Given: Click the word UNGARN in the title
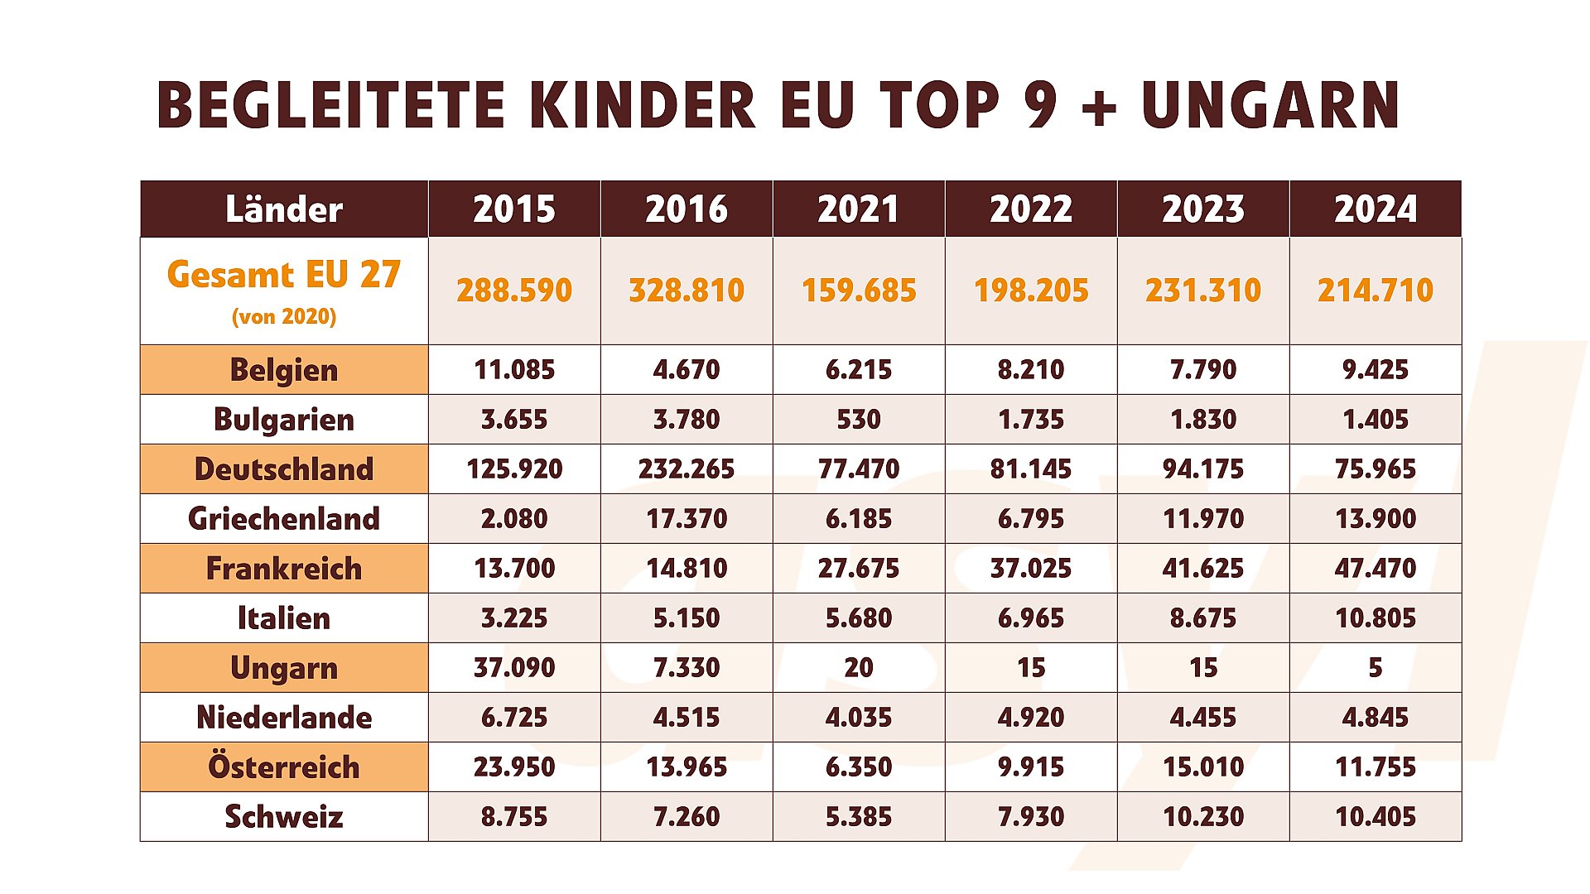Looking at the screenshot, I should tap(1270, 106).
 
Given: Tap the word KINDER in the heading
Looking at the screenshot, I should tap(643, 106).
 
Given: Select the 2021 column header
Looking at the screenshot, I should tap(858, 209).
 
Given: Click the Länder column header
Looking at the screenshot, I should tap(284, 209).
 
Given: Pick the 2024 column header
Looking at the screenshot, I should tap(1375, 209).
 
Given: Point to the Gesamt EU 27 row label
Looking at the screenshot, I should tap(284, 275).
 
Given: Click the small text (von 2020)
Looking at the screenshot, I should tap(284, 317).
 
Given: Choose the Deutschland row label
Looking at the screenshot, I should tap(284, 469).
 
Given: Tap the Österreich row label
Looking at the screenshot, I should tap(284, 767).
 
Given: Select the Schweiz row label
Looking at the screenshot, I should tap(284, 817).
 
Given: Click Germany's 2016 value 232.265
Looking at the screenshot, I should tap(686, 469).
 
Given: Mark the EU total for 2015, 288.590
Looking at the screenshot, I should tap(514, 291).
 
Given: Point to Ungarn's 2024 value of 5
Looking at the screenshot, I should tap(1375, 668).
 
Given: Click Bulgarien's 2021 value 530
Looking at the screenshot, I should tap(858, 420).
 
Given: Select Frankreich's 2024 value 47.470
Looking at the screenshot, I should tap(1375, 569).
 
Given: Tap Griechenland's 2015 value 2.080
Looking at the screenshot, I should tap(514, 519).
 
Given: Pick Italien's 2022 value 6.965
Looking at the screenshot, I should tap(1030, 618).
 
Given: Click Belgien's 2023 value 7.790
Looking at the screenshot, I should tap(1202, 370).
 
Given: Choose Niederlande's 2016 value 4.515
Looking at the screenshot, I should tap(686, 718).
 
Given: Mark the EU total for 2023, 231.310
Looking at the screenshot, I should tap(1202, 291).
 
